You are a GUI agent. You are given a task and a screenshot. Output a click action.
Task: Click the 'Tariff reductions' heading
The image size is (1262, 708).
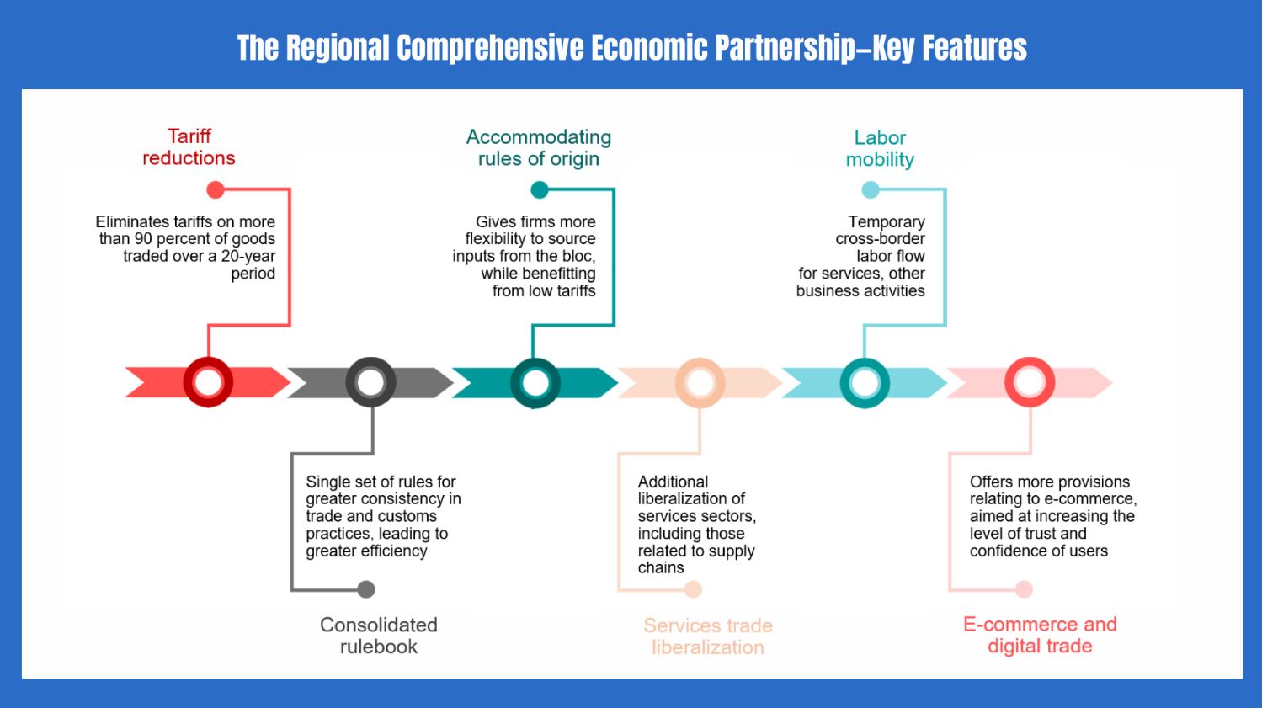189,147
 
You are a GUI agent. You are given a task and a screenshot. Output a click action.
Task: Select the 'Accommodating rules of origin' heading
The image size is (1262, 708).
539,148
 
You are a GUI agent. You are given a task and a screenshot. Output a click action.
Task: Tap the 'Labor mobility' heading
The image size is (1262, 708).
880,148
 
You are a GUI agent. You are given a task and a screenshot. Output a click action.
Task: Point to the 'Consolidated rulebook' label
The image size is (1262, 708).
379,636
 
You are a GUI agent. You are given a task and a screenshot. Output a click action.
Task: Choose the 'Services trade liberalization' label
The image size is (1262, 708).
708,636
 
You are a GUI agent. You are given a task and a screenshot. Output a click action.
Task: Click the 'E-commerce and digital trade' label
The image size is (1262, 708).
1040,635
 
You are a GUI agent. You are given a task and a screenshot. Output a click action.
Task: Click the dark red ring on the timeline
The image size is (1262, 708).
208,382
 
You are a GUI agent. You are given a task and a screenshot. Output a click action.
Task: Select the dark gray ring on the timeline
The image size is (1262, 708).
370,382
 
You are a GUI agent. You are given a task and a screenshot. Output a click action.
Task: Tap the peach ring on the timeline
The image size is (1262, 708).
700,383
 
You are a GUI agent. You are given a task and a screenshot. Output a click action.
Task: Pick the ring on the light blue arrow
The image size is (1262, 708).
865,383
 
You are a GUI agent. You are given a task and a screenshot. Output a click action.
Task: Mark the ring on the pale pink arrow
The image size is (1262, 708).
1029,382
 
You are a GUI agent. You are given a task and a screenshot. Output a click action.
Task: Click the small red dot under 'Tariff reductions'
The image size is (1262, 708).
216,189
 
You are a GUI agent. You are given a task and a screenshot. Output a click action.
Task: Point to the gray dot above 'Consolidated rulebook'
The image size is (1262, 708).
366,589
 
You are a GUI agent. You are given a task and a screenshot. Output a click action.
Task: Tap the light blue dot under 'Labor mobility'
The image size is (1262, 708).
871,190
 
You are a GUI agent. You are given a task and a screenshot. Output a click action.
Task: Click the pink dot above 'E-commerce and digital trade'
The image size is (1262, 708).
1024,589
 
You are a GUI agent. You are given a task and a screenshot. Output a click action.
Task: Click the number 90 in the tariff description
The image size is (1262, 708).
143,239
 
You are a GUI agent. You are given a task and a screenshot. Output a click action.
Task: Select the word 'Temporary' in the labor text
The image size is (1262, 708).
886,222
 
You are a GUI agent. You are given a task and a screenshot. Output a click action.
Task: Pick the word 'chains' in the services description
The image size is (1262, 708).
661,568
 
